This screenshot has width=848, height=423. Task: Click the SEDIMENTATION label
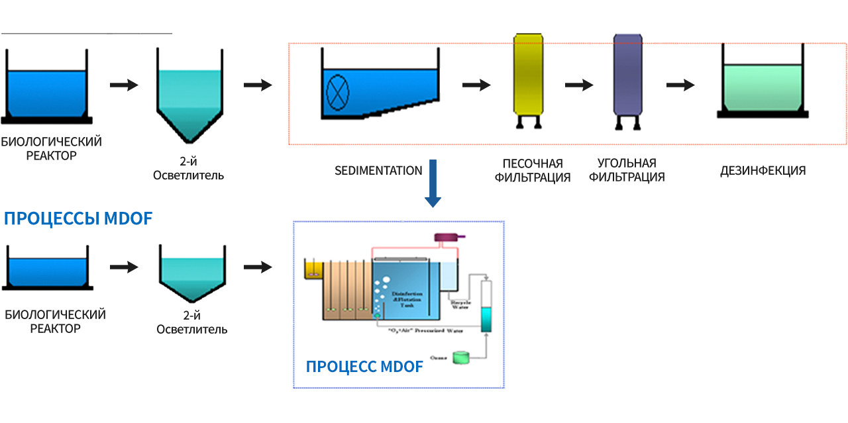click(378, 171)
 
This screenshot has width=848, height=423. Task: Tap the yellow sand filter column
click(528, 75)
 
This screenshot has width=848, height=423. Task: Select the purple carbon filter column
click(627, 75)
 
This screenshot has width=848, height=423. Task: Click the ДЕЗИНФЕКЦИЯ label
click(763, 171)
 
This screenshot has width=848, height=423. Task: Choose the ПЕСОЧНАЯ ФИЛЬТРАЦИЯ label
click(533, 170)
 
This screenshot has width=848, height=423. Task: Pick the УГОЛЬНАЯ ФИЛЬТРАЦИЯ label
click(627, 170)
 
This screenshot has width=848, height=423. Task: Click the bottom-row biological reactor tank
click(46, 271)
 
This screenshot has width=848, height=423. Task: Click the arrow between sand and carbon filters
click(579, 85)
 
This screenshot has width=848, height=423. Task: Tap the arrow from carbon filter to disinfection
click(680, 85)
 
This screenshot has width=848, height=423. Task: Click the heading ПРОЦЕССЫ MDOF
click(78, 218)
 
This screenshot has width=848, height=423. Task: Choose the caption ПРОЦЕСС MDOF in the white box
click(364, 366)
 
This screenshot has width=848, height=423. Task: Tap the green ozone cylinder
click(460, 357)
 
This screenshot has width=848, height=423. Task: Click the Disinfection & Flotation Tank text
click(406, 297)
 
